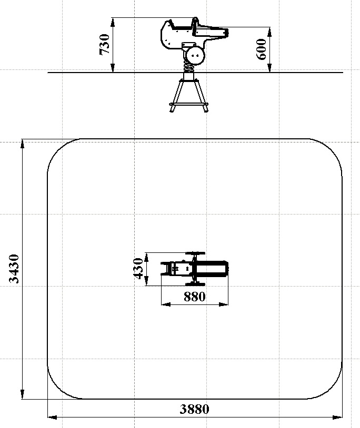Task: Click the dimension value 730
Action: (104, 45)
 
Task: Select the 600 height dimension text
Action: (262, 49)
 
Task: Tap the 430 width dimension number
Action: (138, 269)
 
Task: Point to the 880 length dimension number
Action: (195, 297)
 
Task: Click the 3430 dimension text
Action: (14, 269)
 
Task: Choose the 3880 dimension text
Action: (195, 409)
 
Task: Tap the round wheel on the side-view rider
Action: (195, 55)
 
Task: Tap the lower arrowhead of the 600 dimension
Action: (269, 68)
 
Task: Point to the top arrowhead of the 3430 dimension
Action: (23, 144)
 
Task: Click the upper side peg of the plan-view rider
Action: (195, 253)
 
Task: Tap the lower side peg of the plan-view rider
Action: (195, 284)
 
